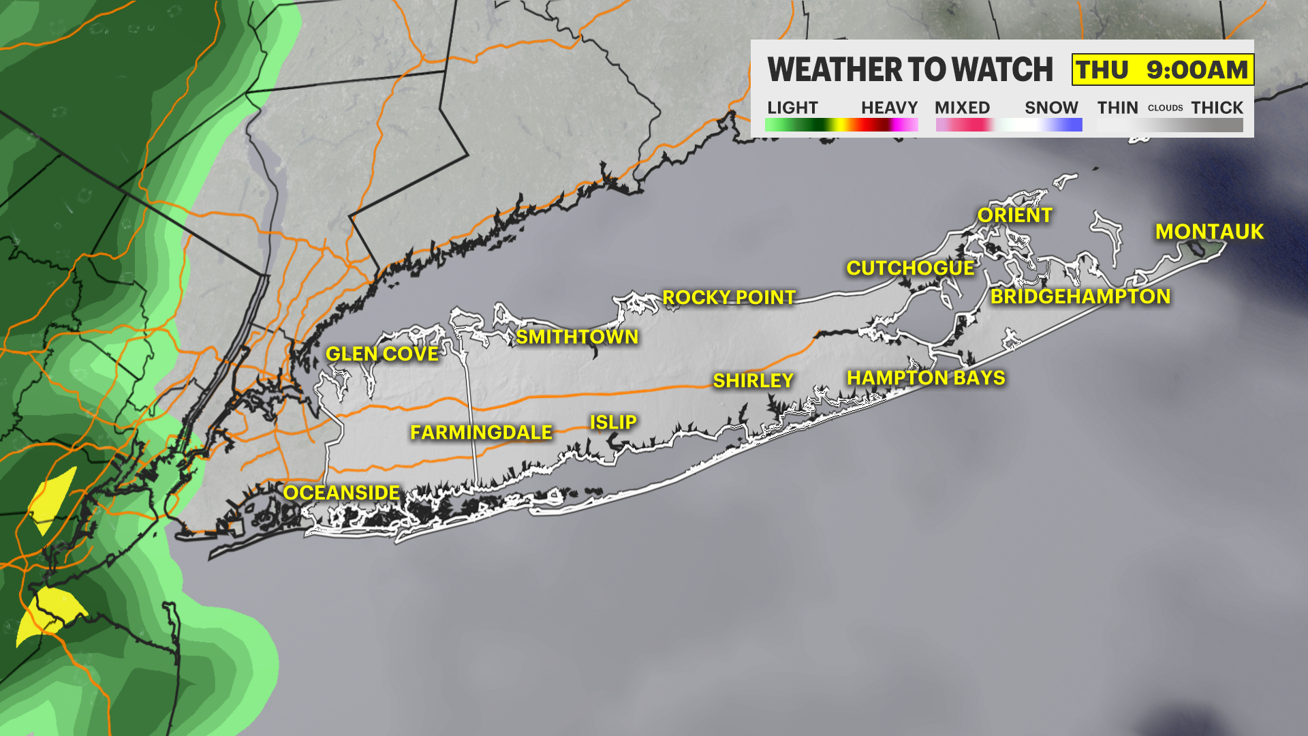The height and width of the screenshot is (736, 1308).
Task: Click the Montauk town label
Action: pos(1209,232)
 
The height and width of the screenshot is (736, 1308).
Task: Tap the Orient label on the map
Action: pos(1014,215)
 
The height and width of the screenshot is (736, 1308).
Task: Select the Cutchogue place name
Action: pos(910,268)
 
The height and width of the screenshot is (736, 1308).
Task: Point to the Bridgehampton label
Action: pos(1080,296)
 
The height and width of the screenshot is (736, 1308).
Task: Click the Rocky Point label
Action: pos(729,297)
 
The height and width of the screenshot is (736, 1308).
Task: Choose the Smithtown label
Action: pos(577,337)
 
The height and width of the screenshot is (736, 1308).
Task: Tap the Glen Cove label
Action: pos(382,354)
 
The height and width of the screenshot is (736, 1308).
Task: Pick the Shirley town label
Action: pos(753,380)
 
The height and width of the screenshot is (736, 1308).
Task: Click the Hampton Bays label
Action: pos(926,378)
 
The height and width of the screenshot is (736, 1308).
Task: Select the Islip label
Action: pos(613,423)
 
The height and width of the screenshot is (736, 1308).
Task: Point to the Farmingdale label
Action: pos(481,432)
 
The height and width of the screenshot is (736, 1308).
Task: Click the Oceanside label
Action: pos(341,493)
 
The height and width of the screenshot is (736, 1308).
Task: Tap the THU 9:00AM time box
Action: pos(1162,70)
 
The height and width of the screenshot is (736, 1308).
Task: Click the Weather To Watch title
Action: pos(910,70)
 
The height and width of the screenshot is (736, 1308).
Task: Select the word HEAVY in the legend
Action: pos(889,108)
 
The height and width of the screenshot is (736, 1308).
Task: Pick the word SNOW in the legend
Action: pos(1051,108)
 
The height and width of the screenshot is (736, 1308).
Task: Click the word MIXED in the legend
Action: pos(962,108)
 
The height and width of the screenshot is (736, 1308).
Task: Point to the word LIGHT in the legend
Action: pos(792,108)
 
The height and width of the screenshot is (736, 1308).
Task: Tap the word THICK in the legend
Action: pos(1217,108)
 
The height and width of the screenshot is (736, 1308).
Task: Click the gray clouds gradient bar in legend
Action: pos(1170,125)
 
